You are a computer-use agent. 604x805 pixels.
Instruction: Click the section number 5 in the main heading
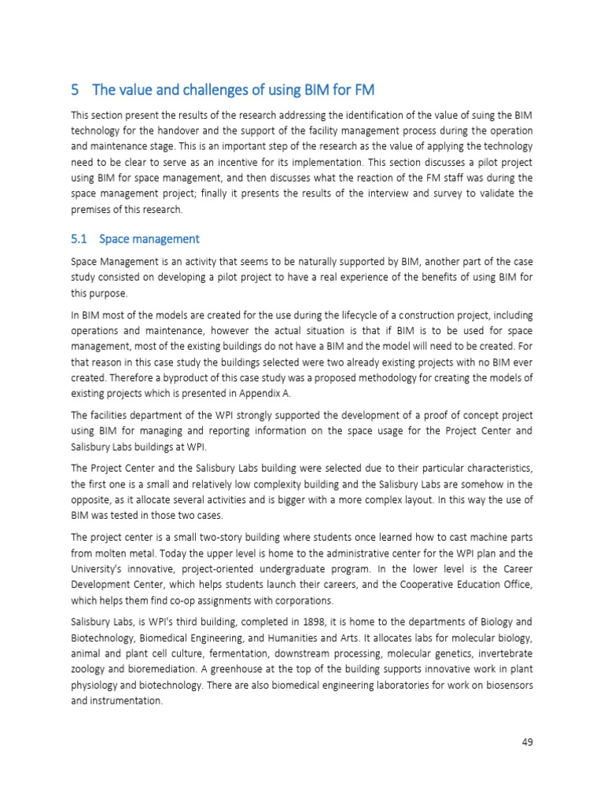(x=75, y=90)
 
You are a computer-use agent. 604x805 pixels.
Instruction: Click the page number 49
(x=527, y=741)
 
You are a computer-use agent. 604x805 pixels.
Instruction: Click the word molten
(x=108, y=553)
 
